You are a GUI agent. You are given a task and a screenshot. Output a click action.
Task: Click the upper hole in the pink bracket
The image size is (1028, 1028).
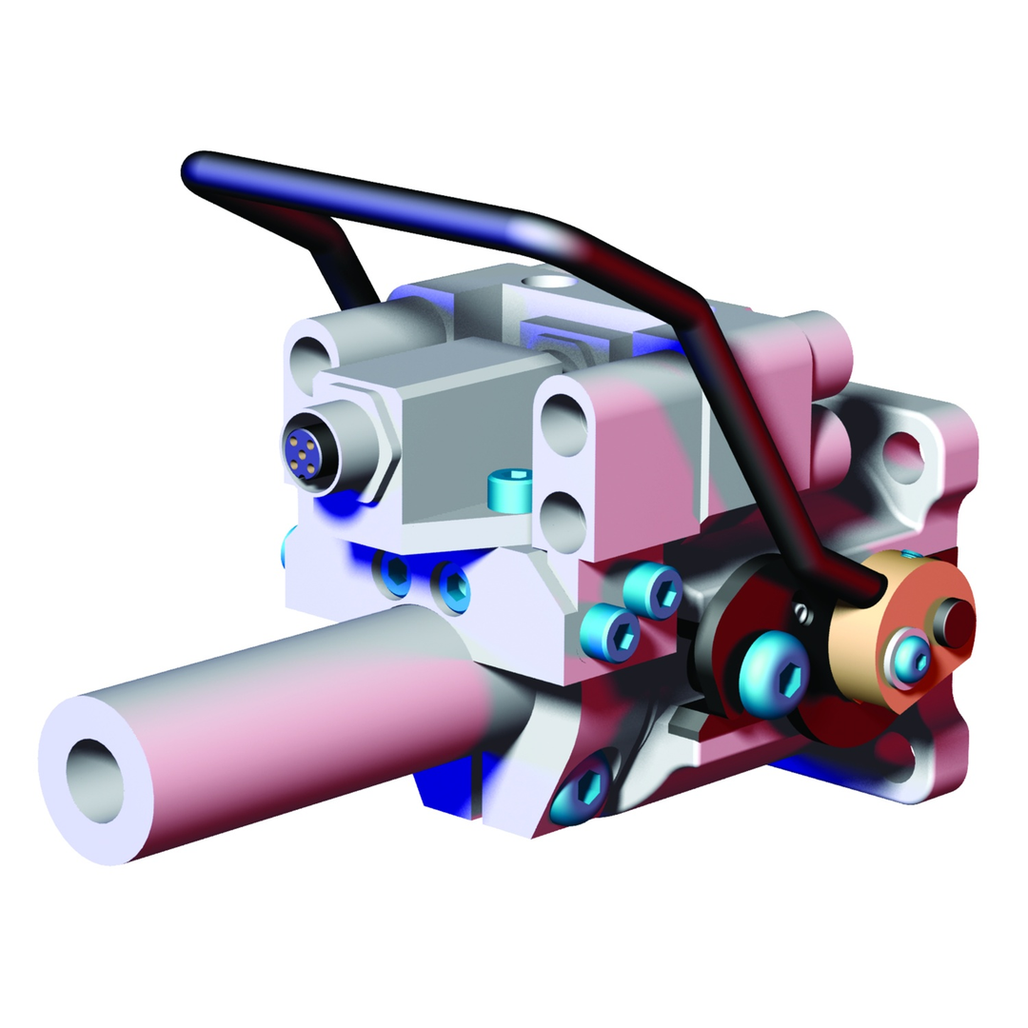(565, 425)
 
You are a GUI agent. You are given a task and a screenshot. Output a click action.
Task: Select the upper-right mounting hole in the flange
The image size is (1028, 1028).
(905, 456)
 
